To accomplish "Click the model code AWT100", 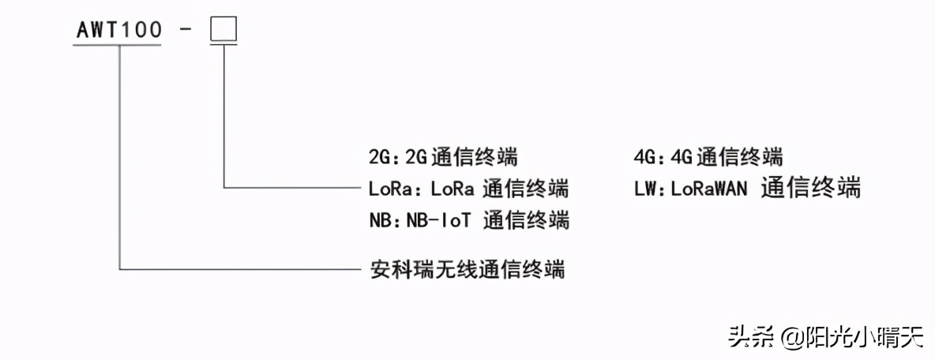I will (118, 30).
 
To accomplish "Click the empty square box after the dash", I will (223, 30).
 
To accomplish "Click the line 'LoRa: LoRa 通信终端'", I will (468, 189).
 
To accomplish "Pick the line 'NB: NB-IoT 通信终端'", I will (469, 219).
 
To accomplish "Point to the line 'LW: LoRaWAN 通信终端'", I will (746, 188).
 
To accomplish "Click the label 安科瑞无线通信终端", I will (467, 269).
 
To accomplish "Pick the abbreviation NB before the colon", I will (380, 220).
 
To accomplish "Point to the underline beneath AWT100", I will (118, 44).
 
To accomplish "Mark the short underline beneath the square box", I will (223, 44).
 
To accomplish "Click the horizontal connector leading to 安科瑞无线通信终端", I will (237, 269).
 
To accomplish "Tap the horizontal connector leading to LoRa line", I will (292, 188).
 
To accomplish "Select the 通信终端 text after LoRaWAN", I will (812, 188).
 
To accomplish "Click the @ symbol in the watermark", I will (792, 338).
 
